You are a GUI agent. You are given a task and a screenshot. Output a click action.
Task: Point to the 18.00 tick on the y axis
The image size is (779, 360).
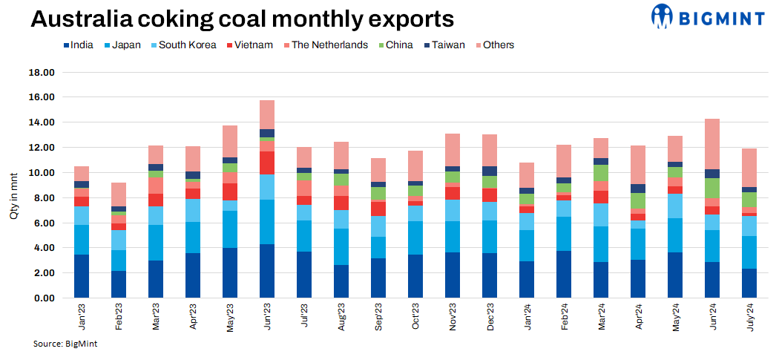pos(42,73)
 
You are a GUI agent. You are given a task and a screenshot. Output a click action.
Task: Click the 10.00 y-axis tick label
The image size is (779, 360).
pos(42,173)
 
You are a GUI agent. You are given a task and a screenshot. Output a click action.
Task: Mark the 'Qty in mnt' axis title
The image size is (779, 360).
pos(13,186)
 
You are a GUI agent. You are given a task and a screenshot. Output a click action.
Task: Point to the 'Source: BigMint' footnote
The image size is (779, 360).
pos(65,344)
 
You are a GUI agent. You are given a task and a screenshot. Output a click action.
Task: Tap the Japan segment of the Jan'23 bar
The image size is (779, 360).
pos(82,240)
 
